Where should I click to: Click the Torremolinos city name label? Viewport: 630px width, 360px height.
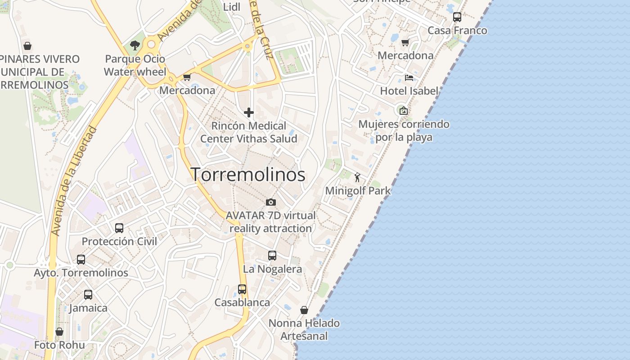coord(248,175)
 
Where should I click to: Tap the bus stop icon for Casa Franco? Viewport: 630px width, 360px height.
coord(457,17)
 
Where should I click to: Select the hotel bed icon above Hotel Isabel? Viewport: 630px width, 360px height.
coord(409,77)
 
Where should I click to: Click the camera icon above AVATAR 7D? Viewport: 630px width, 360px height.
coord(270,202)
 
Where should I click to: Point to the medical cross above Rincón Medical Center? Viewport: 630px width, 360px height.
coord(248,112)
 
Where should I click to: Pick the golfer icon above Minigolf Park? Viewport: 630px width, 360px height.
coord(357,177)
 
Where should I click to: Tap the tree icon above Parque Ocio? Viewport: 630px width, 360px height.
coord(135,45)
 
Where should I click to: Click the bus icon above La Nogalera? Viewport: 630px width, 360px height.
coord(272,256)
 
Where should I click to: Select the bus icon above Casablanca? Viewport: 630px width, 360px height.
coord(242,289)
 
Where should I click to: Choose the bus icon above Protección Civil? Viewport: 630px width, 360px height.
coord(119,228)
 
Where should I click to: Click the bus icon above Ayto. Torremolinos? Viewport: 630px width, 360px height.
coord(81,259)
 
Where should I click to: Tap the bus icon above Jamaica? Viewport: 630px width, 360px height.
coord(88,295)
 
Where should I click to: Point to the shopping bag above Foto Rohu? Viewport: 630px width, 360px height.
coord(59,332)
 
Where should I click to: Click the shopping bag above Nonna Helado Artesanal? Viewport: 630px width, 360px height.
coord(304,310)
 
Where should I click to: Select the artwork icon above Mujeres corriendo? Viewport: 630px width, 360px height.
coord(404,110)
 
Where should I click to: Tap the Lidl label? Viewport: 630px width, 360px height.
coord(232,6)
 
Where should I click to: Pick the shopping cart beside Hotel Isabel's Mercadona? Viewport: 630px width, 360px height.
coord(405,43)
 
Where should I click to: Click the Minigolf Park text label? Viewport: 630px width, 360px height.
coord(358,191)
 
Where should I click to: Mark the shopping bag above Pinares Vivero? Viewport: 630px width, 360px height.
coord(27,46)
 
